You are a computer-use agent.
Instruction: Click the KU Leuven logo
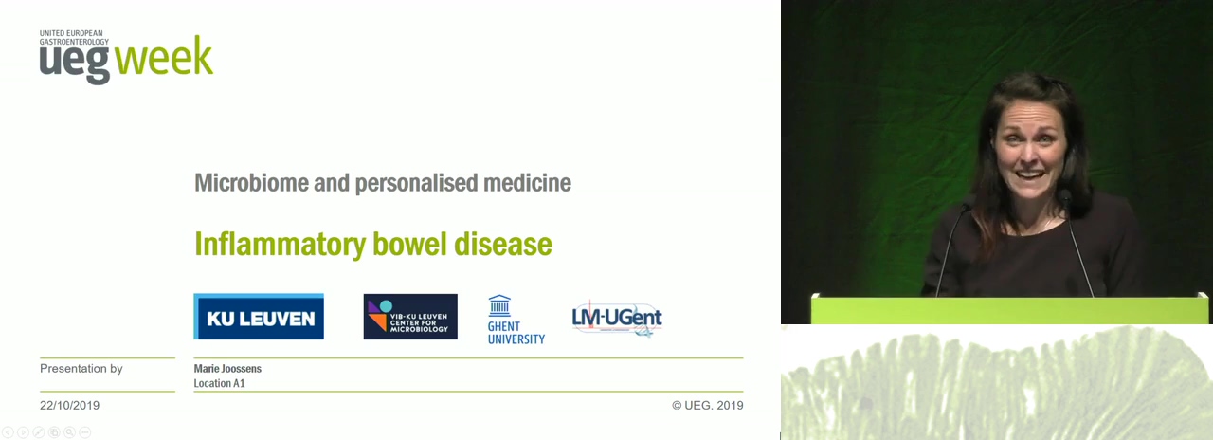259,317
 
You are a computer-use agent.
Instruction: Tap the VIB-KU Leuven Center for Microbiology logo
410,317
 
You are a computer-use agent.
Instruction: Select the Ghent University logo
516,320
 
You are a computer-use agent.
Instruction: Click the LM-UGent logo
617,319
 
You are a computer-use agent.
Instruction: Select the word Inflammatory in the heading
281,245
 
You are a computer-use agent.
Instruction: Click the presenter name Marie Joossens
227,369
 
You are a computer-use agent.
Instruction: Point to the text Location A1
219,383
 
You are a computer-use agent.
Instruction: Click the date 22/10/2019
69,405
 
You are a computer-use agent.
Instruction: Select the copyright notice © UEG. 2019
708,405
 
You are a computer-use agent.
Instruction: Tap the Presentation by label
81,369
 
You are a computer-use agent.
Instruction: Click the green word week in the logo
164,56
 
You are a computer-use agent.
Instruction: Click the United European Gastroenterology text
74,37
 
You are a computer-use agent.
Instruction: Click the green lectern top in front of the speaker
1009,309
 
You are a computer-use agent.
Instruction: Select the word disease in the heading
502,244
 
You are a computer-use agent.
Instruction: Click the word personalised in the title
416,183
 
